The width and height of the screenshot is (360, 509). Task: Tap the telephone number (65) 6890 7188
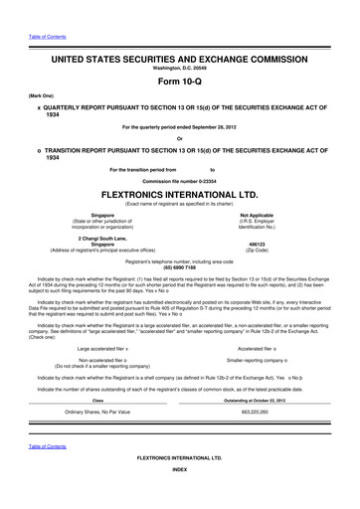[x=179, y=267]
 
